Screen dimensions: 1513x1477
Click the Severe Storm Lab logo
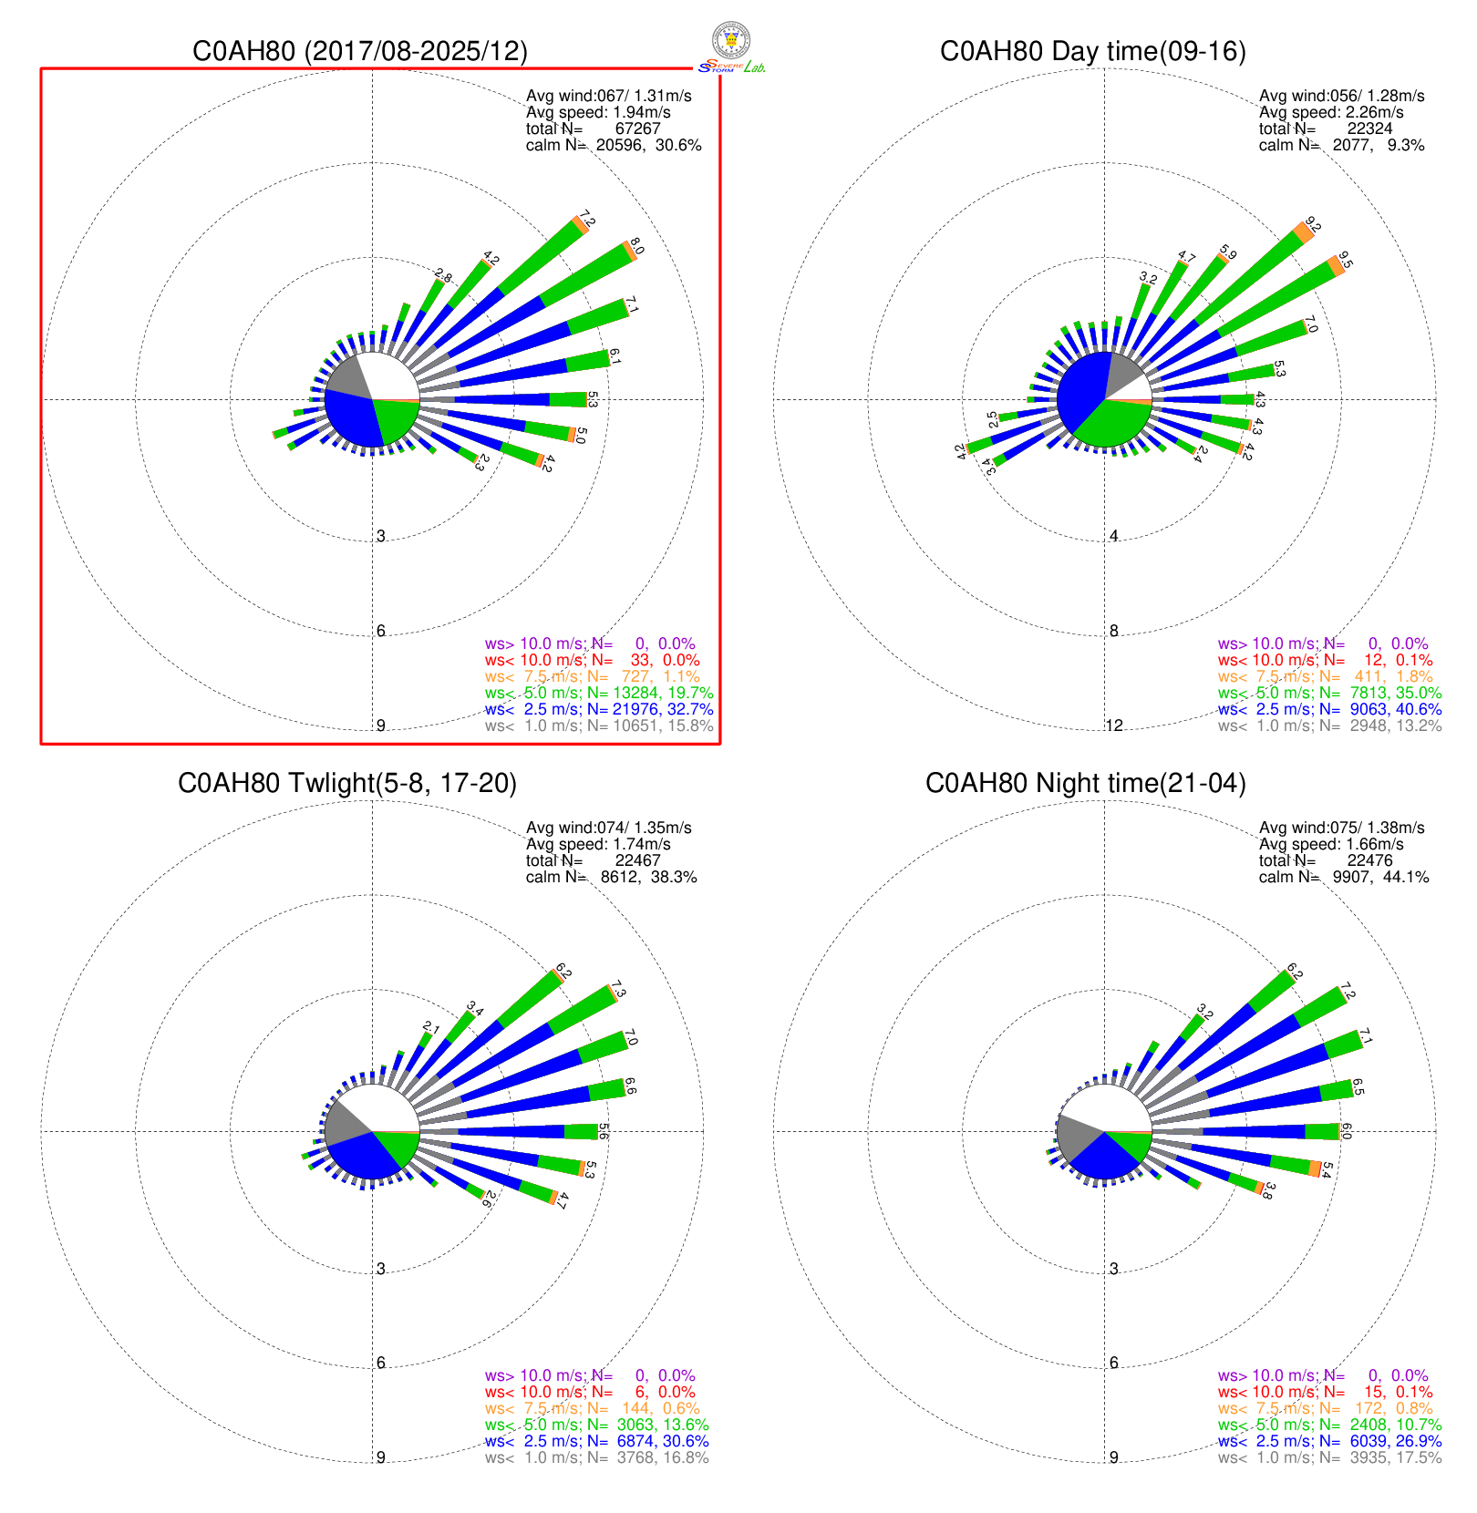pos(731,47)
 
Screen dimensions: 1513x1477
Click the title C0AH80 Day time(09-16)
pos(1092,51)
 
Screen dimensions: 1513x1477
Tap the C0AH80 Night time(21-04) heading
pos(1085,783)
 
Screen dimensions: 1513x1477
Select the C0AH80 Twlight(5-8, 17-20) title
pos(347,783)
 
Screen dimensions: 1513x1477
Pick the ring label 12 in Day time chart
pos(1114,726)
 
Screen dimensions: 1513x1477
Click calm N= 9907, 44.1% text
pos(1343,877)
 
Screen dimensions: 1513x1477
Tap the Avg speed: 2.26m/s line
pos(1331,112)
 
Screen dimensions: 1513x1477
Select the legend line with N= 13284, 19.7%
pos(598,693)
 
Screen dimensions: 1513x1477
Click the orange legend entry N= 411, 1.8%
pos(1325,676)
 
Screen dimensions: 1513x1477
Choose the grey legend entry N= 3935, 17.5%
pos(1329,1457)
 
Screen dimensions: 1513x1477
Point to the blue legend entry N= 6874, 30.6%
pos(596,1441)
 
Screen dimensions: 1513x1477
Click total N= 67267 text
pos(593,129)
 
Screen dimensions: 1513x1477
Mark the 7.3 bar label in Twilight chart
pos(619,992)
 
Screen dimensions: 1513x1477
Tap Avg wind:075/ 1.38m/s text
pos(1341,828)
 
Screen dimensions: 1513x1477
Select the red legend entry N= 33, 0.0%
pos(592,660)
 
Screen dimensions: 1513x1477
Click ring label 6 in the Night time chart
pos(1114,1363)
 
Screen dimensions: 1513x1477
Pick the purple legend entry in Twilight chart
pos(589,1375)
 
